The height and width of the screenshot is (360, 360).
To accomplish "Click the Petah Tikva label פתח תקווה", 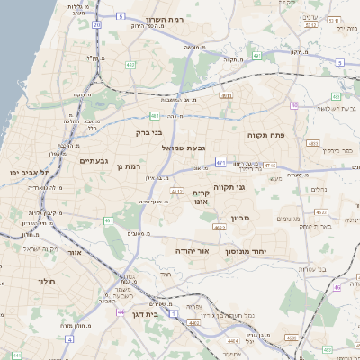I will tap(265, 134).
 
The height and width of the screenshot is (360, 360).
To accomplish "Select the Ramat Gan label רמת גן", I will tap(130, 166).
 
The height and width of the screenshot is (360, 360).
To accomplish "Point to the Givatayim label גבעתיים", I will tap(94, 161).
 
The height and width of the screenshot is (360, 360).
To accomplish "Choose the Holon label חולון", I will tap(47, 282).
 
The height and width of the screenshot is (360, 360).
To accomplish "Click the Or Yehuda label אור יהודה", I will tap(192, 251).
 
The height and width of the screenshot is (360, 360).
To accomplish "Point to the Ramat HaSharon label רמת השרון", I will tap(166, 20).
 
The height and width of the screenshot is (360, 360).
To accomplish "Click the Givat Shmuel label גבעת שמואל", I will tap(184, 147).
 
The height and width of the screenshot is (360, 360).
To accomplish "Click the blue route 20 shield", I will tap(96, 25).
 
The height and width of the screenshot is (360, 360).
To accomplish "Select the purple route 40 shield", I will tap(294, 105).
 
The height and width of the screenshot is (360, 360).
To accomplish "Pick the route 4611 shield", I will tap(225, 94).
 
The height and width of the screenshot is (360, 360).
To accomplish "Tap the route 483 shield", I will tap(312, 143).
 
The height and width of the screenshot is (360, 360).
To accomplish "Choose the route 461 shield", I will tap(109, 220).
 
